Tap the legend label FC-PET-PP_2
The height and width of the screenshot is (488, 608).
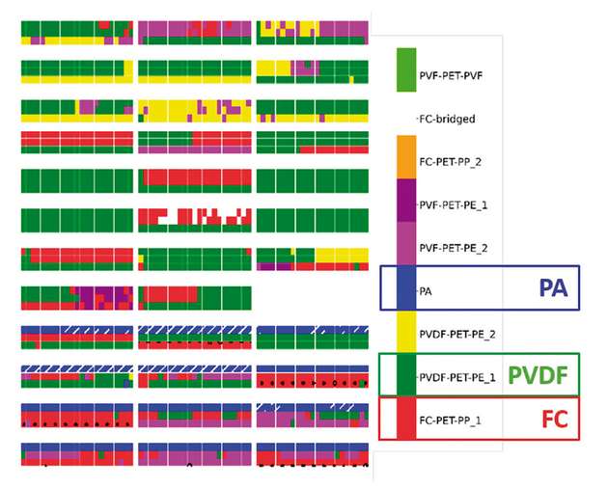click(452, 161)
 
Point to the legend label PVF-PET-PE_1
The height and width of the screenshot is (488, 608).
click(454, 204)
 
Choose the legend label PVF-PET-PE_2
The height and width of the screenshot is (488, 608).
click(454, 248)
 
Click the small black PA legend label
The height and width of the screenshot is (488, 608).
click(425, 289)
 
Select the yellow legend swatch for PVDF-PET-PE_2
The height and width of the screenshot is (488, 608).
click(405, 334)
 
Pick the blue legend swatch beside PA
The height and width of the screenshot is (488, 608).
click(405, 288)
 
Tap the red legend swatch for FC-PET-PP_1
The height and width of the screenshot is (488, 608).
click(405, 421)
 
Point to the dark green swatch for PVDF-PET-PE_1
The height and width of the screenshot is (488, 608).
click(405, 377)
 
